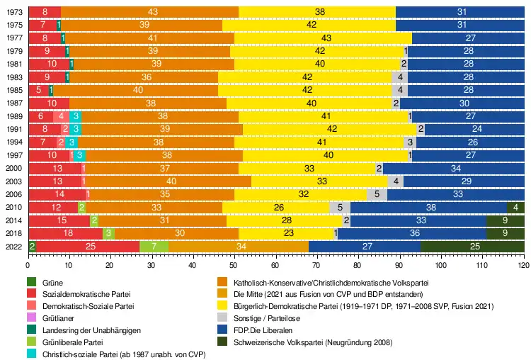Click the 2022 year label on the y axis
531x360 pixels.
click(13, 246)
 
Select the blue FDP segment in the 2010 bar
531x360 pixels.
click(429, 207)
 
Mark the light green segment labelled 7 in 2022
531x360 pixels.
click(154, 246)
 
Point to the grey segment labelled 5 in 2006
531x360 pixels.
click(377, 194)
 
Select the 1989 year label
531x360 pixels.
click(13, 116)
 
